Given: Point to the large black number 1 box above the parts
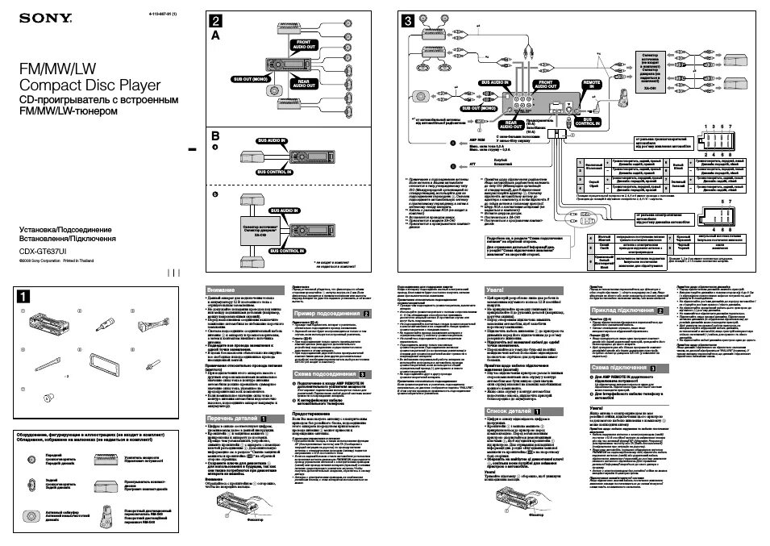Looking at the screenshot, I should (25, 296).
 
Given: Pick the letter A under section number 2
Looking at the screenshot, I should (215, 36).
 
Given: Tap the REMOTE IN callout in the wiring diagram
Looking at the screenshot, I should (592, 83).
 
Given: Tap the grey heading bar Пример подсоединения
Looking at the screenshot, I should (331, 312).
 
